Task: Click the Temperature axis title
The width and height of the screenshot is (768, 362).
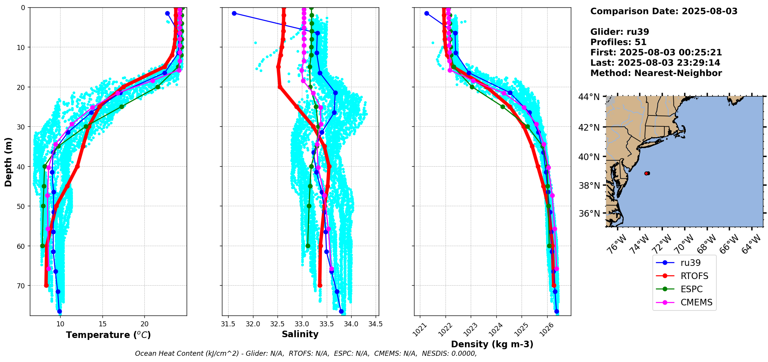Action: tap(108, 335)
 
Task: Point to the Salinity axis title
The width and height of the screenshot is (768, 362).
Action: tap(300, 334)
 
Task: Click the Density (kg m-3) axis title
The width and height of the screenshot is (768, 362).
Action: tap(492, 344)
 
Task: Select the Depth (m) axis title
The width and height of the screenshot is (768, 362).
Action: tap(9, 162)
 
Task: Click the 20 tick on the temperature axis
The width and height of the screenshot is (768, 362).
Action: tap(144, 324)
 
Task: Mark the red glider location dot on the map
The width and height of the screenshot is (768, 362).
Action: tap(647, 173)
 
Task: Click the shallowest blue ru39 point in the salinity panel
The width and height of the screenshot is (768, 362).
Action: tap(234, 14)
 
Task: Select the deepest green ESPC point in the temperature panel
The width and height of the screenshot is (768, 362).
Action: tap(42, 246)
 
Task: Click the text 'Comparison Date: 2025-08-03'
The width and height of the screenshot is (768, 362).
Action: tap(664, 11)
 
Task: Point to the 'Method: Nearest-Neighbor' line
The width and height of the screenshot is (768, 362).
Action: tap(656, 73)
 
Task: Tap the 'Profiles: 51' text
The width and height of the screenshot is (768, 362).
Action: tap(618, 42)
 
